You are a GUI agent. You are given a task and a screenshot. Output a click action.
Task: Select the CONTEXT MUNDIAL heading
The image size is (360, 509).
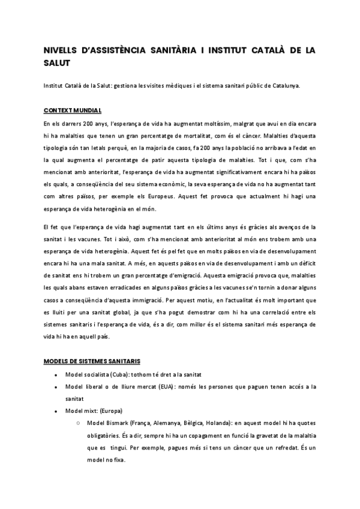click(x=73, y=111)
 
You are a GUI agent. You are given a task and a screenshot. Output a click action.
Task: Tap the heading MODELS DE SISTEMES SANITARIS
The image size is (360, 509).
click(x=92, y=361)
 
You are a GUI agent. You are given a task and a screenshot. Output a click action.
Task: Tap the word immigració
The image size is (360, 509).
click(x=146, y=299)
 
